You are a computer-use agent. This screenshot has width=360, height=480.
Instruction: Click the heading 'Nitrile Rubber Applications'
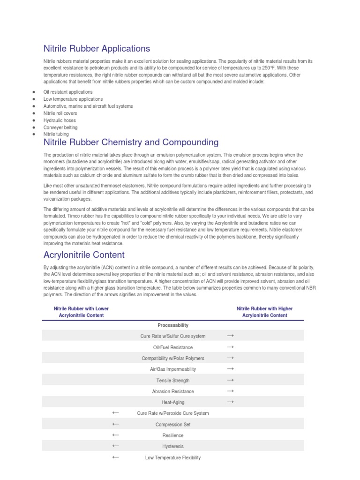click(97, 48)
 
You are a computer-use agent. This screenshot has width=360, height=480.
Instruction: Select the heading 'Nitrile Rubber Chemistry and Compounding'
click(131, 142)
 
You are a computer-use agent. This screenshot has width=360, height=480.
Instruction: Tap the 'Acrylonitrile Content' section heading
click(84, 255)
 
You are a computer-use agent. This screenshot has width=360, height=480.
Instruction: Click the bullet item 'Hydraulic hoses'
click(60, 120)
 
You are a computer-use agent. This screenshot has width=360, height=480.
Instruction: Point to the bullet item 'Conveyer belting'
click(60, 127)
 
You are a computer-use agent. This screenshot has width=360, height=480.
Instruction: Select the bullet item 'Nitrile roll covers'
click(60, 113)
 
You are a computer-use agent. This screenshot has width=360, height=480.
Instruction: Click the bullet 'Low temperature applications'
click(73, 99)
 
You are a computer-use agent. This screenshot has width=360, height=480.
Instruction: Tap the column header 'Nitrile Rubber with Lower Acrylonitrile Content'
click(81, 312)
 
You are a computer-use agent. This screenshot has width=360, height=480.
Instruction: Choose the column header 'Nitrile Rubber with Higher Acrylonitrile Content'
click(264, 312)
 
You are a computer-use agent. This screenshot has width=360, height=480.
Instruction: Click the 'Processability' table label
click(173, 325)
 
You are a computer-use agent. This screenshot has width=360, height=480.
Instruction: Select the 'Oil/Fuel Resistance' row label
click(173, 347)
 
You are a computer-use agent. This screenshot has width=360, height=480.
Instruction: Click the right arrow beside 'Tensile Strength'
click(230, 380)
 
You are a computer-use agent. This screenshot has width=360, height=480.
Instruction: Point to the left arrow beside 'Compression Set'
click(115, 424)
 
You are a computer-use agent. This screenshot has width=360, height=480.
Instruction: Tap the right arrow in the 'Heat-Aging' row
click(230, 402)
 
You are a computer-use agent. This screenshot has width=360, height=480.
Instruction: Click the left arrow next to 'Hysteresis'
click(115, 446)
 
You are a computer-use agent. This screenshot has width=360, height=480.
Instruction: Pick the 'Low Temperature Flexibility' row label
click(173, 457)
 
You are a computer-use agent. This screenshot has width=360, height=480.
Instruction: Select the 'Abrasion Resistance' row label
click(173, 391)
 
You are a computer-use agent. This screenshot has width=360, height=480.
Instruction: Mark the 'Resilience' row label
click(173, 435)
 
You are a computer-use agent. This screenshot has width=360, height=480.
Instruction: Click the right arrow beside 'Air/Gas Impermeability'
click(230, 369)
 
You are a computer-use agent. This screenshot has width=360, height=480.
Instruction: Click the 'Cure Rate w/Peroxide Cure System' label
click(173, 413)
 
